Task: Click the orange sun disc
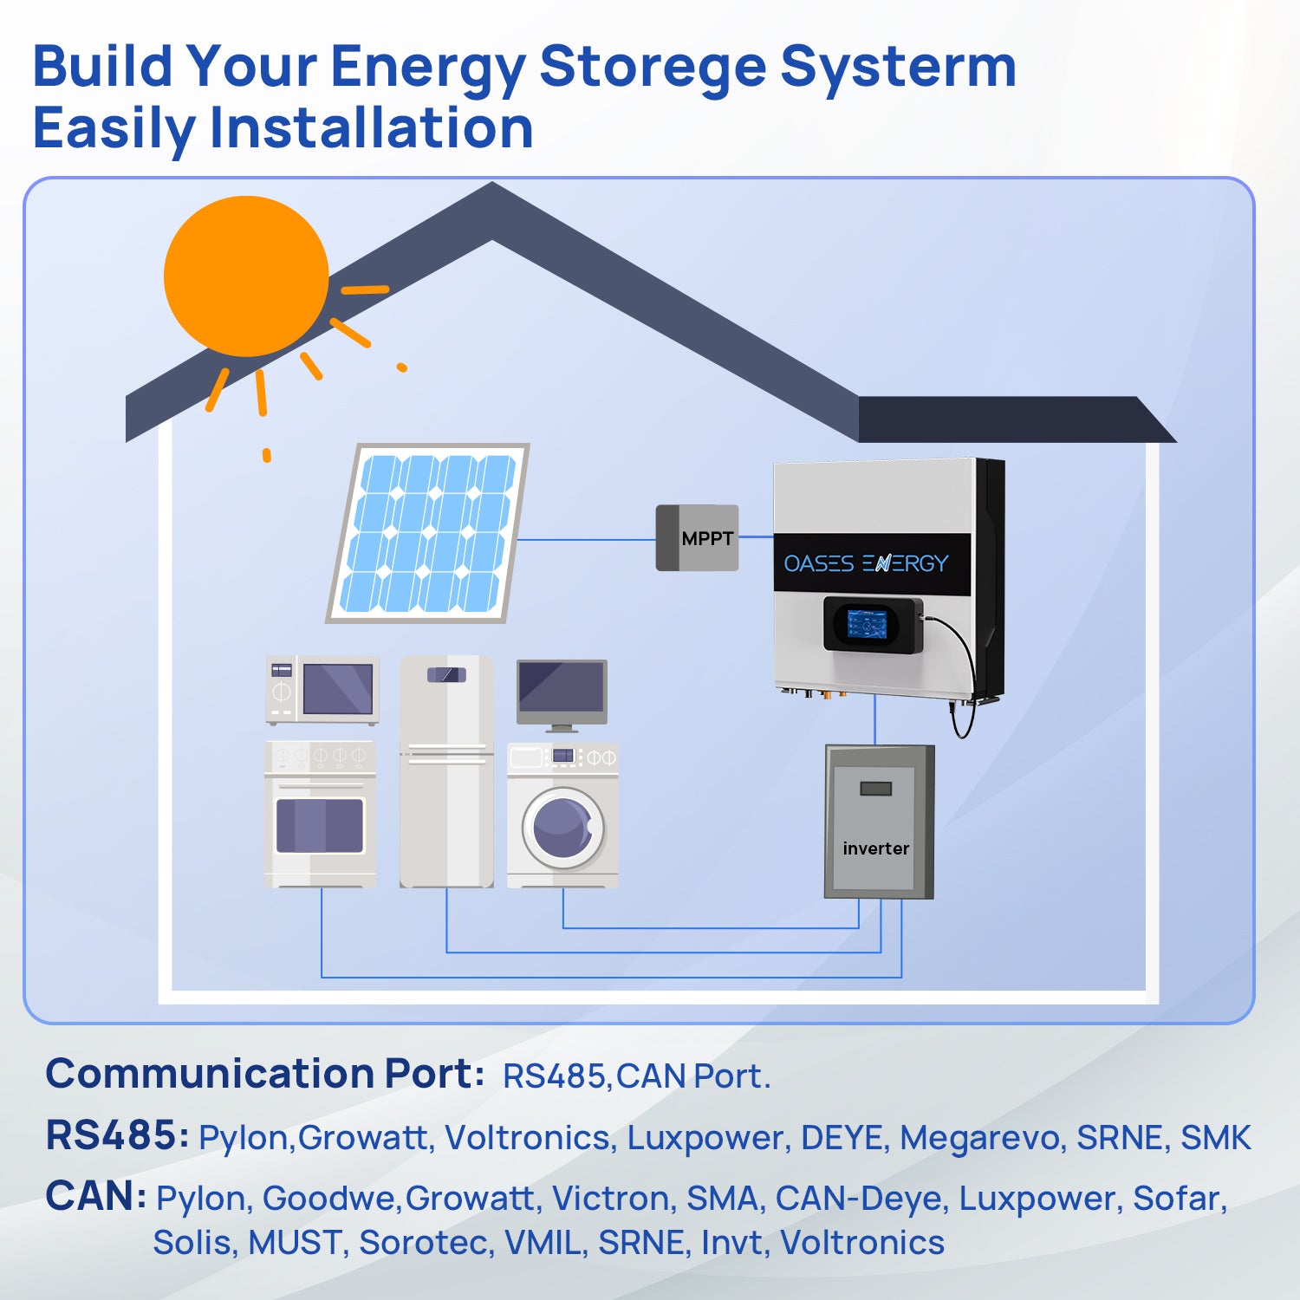point(246,276)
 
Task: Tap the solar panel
point(427,533)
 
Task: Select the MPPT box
point(697,538)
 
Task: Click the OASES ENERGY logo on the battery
point(866,563)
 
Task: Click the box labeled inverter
point(879,822)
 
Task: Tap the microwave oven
point(322,690)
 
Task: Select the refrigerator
point(446,771)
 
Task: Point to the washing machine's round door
point(562,829)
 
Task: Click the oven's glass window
point(320,826)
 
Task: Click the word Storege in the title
point(653,67)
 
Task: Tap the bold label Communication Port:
point(264,1074)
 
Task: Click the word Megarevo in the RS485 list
point(982,1138)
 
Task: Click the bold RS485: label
point(117,1135)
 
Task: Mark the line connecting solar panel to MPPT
point(587,540)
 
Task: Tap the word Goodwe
point(329,1199)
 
